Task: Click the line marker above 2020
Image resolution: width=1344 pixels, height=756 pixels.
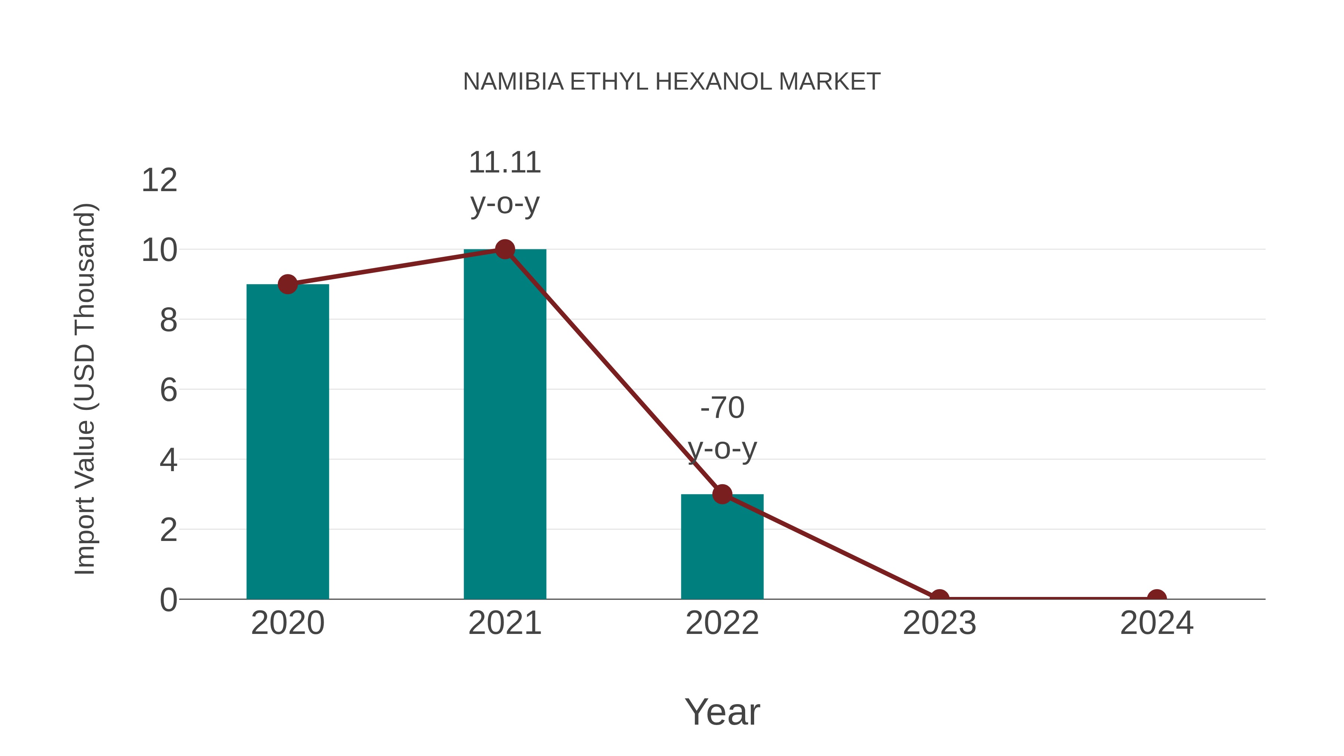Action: [x=287, y=284]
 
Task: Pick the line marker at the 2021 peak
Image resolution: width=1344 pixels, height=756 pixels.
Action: [x=504, y=249]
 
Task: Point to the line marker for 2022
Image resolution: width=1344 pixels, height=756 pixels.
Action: [x=722, y=494]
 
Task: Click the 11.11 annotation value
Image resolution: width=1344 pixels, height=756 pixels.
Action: [x=504, y=163]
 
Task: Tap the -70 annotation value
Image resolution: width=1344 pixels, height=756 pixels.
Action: [x=722, y=407]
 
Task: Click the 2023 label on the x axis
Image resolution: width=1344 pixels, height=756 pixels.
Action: [x=939, y=623]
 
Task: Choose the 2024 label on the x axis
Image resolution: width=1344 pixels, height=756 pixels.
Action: [x=1156, y=623]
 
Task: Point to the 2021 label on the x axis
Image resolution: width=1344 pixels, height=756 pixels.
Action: [x=504, y=623]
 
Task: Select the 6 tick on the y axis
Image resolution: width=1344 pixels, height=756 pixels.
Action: [x=168, y=390]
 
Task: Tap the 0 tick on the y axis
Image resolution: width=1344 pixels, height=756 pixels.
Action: [x=168, y=600]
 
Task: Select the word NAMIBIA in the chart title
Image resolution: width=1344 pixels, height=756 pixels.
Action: [x=513, y=82]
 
